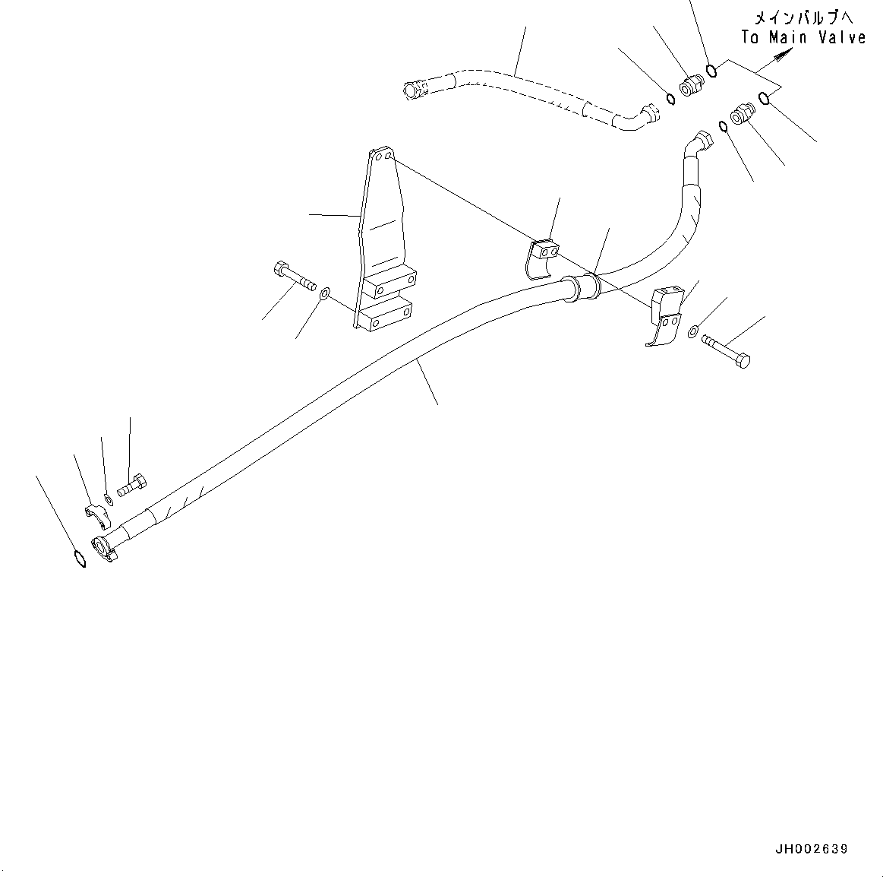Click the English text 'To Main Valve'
pos(803,37)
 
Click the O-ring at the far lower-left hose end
pos(79,559)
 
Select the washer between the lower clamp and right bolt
pos(694,331)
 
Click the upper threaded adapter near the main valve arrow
pos(689,84)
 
